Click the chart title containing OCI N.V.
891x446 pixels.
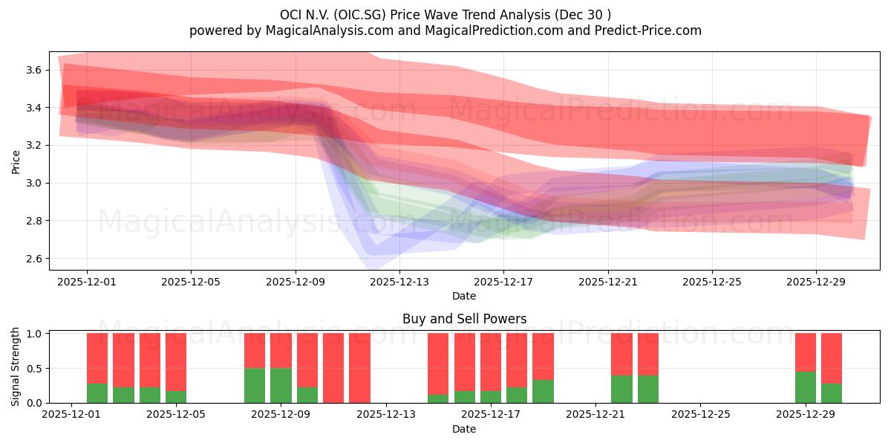[446, 15]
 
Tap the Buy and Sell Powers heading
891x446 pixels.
[464, 319]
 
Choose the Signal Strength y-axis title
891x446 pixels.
[16, 367]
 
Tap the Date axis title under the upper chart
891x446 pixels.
[464, 296]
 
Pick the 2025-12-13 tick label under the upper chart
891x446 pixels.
[399, 282]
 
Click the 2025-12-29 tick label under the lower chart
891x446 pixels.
[806, 415]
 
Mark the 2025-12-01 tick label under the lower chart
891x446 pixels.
[71, 415]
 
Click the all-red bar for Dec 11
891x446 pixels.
[333, 368]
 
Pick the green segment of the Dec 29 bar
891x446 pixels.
[806, 387]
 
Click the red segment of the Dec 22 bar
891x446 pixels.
[621, 354]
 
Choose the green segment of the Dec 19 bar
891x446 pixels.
[543, 391]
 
